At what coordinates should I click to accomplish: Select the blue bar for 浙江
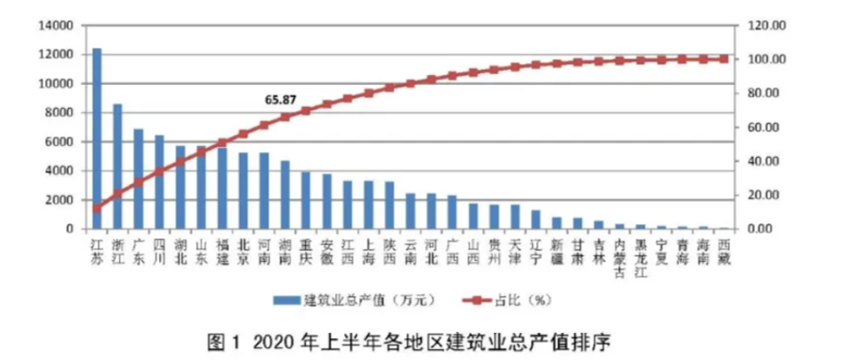(x=117, y=166)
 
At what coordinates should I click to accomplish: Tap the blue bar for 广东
(x=138, y=178)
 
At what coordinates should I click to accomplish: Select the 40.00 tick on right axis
(x=762, y=161)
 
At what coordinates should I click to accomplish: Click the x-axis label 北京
(x=243, y=252)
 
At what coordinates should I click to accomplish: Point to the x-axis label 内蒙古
(x=619, y=258)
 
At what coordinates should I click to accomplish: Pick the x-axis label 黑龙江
(x=640, y=258)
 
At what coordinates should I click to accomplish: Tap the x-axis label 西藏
(x=724, y=252)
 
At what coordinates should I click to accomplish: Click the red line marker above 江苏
(x=97, y=208)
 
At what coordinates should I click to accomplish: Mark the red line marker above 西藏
(x=724, y=59)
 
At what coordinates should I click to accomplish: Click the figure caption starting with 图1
(x=409, y=343)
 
